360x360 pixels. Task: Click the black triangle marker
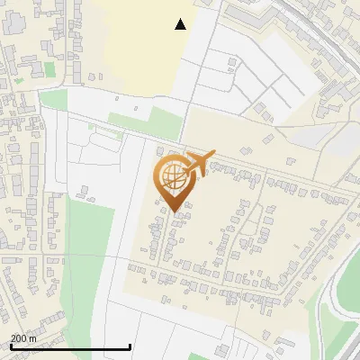(x=181, y=24)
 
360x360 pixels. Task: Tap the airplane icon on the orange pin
(x=199, y=163)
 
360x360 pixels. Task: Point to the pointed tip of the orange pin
(x=175, y=211)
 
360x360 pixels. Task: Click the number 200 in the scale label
(x=19, y=338)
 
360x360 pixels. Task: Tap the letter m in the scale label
(x=33, y=338)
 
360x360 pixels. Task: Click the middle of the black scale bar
(x=70, y=346)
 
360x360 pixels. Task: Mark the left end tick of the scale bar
(x=11, y=346)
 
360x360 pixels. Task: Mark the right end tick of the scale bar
(x=130, y=346)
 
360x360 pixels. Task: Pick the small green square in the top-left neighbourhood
(x=49, y=68)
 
